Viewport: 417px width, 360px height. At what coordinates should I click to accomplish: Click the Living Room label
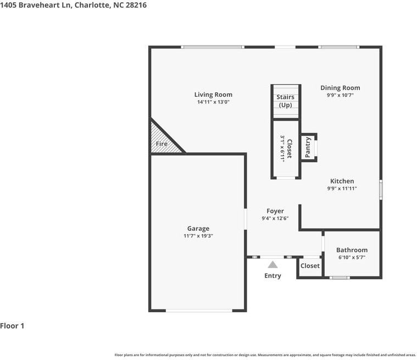[x=213, y=95]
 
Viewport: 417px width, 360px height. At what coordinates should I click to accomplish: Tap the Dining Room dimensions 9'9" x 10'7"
[x=340, y=95]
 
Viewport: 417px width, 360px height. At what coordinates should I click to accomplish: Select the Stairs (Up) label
[x=285, y=101]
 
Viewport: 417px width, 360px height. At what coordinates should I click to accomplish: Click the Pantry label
[x=308, y=147]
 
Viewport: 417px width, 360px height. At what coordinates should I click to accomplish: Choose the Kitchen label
[x=342, y=181]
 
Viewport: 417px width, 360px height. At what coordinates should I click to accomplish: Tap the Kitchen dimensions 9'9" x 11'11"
[x=342, y=189]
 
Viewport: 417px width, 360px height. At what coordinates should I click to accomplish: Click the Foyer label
[x=275, y=211]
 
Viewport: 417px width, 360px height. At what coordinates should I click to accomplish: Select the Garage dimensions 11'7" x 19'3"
[x=198, y=236]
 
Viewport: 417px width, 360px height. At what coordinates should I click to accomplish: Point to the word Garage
[x=198, y=229]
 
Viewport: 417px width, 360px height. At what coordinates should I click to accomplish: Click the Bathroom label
[x=352, y=250]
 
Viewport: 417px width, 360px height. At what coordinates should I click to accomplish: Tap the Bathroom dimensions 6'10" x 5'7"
[x=352, y=257]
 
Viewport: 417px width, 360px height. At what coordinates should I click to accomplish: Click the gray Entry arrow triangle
[x=273, y=265]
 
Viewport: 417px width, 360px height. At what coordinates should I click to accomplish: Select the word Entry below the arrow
[x=273, y=276]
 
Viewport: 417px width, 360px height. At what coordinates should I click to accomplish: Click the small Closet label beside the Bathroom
[x=310, y=266]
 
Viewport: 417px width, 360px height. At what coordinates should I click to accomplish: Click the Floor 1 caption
[x=12, y=326]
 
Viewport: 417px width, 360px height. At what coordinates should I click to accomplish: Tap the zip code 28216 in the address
[x=136, y=5]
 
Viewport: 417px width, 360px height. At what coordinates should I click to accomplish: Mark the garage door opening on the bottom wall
[x=199, y=311]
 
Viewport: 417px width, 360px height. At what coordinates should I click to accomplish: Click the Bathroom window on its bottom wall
[x=340, y=278]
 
